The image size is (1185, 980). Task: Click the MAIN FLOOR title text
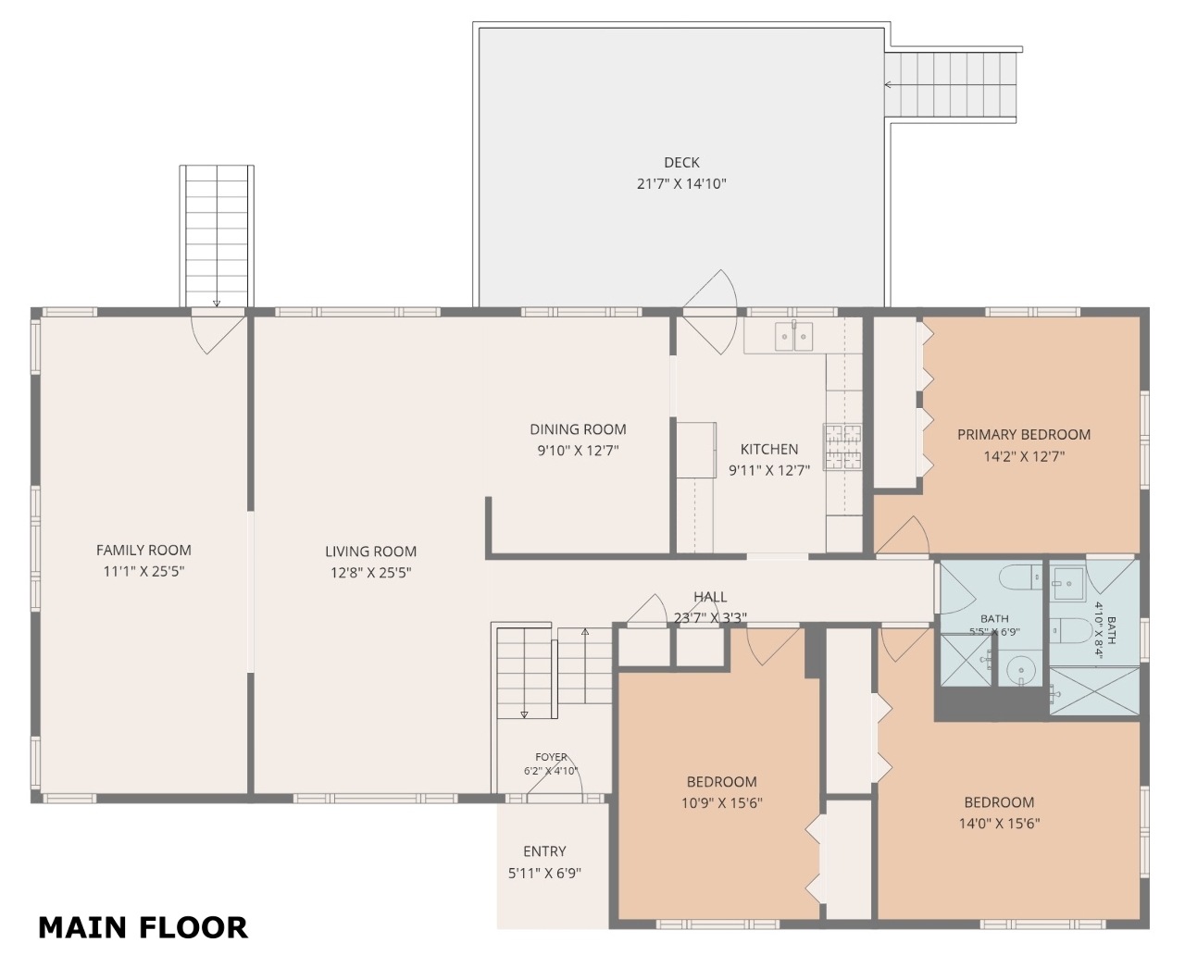(x=143, y=928)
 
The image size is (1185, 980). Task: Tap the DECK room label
(x=681, y=162)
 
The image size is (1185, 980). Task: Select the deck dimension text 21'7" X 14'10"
(x=681, y=184)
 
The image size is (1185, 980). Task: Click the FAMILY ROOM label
(x=143, y=550)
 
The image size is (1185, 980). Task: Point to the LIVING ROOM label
(x=370, y=551)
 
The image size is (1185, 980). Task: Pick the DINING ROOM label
(x=578, y=429)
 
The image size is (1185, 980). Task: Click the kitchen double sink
(x=794, y=335)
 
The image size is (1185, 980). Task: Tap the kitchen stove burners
(x=842, y=447)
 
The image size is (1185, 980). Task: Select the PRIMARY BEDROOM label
(x=1024, y=435)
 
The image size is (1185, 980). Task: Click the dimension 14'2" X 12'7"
(x=1024, y=456)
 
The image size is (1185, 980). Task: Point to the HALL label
(x=710, y=596)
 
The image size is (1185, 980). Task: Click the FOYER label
(x=551, y=757)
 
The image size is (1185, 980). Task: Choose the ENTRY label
(x=545, y=851)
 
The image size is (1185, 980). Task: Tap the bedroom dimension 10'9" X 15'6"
(x=722, y=803)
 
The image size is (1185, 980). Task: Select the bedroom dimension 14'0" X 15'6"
(x=1000, y=824)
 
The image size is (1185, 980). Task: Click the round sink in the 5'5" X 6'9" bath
(x=1020, y=670)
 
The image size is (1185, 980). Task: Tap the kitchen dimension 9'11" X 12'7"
(x=769, y=470)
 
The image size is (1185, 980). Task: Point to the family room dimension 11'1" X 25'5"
(x=143, y=571)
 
